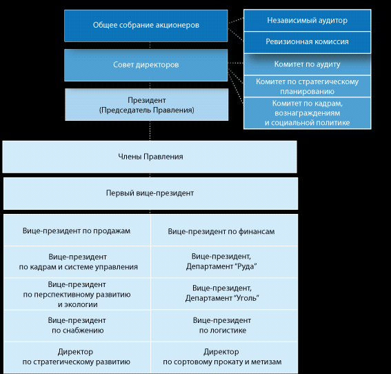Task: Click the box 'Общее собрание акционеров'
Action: (146, 26)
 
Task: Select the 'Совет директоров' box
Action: (146, 65)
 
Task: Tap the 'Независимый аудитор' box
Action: (308, 21)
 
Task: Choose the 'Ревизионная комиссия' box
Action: (308, 42)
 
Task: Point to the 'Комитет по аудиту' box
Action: (308, 64)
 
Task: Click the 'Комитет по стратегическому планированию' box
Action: (308, 86)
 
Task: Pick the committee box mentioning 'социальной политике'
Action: (308, 113)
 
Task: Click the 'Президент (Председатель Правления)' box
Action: (147, 104)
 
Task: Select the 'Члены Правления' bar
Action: (150, 157)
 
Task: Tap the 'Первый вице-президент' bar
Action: (150, 193)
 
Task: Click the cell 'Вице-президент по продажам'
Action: (77, 230)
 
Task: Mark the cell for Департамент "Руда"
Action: (224, 262)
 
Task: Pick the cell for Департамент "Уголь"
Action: (224, 293)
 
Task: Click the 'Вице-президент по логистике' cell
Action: (224, 326)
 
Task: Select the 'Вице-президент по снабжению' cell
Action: (77, 326)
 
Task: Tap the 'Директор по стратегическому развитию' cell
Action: (77, 357)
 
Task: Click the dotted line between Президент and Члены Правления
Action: (150, 130)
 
